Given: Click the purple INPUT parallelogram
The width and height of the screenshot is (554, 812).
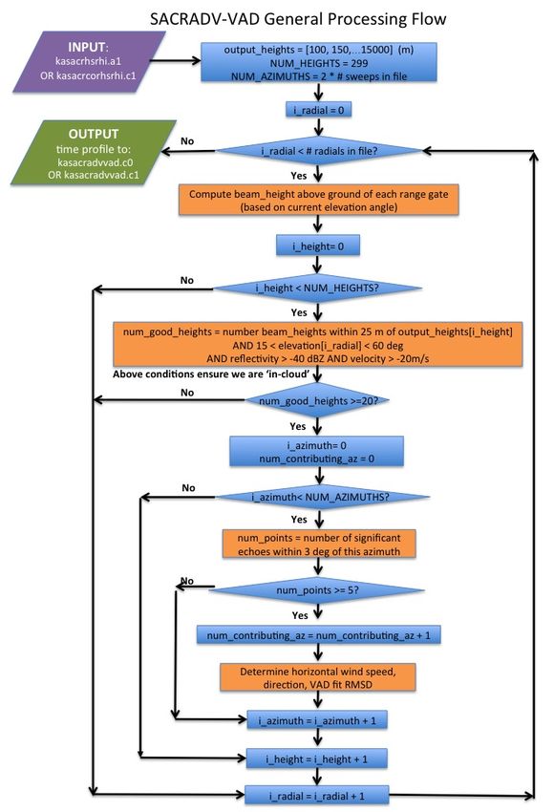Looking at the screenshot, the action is point(89,62).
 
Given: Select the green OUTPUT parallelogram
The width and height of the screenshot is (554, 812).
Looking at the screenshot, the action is point(94,153).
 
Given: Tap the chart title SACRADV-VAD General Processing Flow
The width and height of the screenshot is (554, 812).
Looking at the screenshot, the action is point(298,19).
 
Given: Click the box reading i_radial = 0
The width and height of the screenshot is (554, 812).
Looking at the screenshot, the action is point(318,110).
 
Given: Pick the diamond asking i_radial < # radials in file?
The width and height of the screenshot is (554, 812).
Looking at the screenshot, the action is point(319,151).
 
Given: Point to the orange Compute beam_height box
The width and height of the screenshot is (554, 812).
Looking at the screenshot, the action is point(318,200).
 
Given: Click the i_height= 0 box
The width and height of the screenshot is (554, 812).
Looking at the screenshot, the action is point(318,246).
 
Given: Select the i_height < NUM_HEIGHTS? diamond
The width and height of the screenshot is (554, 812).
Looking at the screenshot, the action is point(317,288).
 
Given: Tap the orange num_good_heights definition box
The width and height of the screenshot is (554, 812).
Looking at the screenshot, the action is point(317,344).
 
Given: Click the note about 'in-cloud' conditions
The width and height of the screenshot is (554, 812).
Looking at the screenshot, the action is point(211,374).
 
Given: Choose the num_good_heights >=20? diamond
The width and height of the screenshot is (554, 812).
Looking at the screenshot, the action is point(317,400).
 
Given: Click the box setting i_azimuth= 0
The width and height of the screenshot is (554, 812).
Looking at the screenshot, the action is point(317,452).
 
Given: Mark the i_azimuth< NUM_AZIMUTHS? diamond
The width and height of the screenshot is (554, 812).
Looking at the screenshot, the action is point(322,497).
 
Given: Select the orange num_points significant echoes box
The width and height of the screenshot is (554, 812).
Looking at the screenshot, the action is point(319,545).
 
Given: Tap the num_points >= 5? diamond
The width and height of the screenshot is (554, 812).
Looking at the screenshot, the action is point(317,590).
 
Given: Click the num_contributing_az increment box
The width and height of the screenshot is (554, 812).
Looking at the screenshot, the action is point(318,635).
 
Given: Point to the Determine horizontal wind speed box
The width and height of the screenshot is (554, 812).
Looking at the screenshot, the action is point(318,677).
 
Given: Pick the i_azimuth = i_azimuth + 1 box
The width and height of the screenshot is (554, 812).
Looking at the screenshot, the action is point(317,720).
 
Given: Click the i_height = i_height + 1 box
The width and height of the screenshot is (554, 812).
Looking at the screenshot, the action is point(317,759).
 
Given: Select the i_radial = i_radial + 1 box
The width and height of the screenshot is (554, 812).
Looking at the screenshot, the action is point(317,796).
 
